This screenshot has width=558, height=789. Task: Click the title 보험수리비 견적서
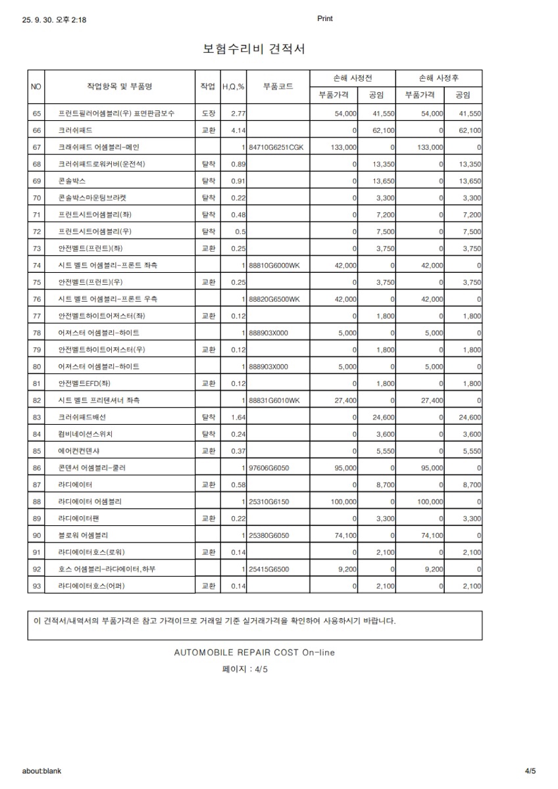click(254, 49)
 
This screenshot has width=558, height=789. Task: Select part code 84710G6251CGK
click(276, 147)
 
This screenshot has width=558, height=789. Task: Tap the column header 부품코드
click(278, 86)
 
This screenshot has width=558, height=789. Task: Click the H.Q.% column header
click(233, 87)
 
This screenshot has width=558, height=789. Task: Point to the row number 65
click(36, 114)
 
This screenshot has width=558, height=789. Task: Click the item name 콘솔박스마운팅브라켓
click(92, 198)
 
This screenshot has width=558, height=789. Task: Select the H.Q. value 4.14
click(238, 131)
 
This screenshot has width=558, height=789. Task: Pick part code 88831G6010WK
click(274, 400)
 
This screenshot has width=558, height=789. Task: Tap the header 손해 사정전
click(353, 78)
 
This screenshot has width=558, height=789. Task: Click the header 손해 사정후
click(440, 78)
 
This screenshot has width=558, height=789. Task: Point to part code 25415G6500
click(269, 569)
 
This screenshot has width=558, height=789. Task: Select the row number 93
click(36, 586)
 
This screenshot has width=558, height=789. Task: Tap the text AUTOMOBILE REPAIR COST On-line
click(254, 653)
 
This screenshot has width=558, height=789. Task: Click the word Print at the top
click(325, 19)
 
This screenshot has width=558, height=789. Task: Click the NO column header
click(36, 87)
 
